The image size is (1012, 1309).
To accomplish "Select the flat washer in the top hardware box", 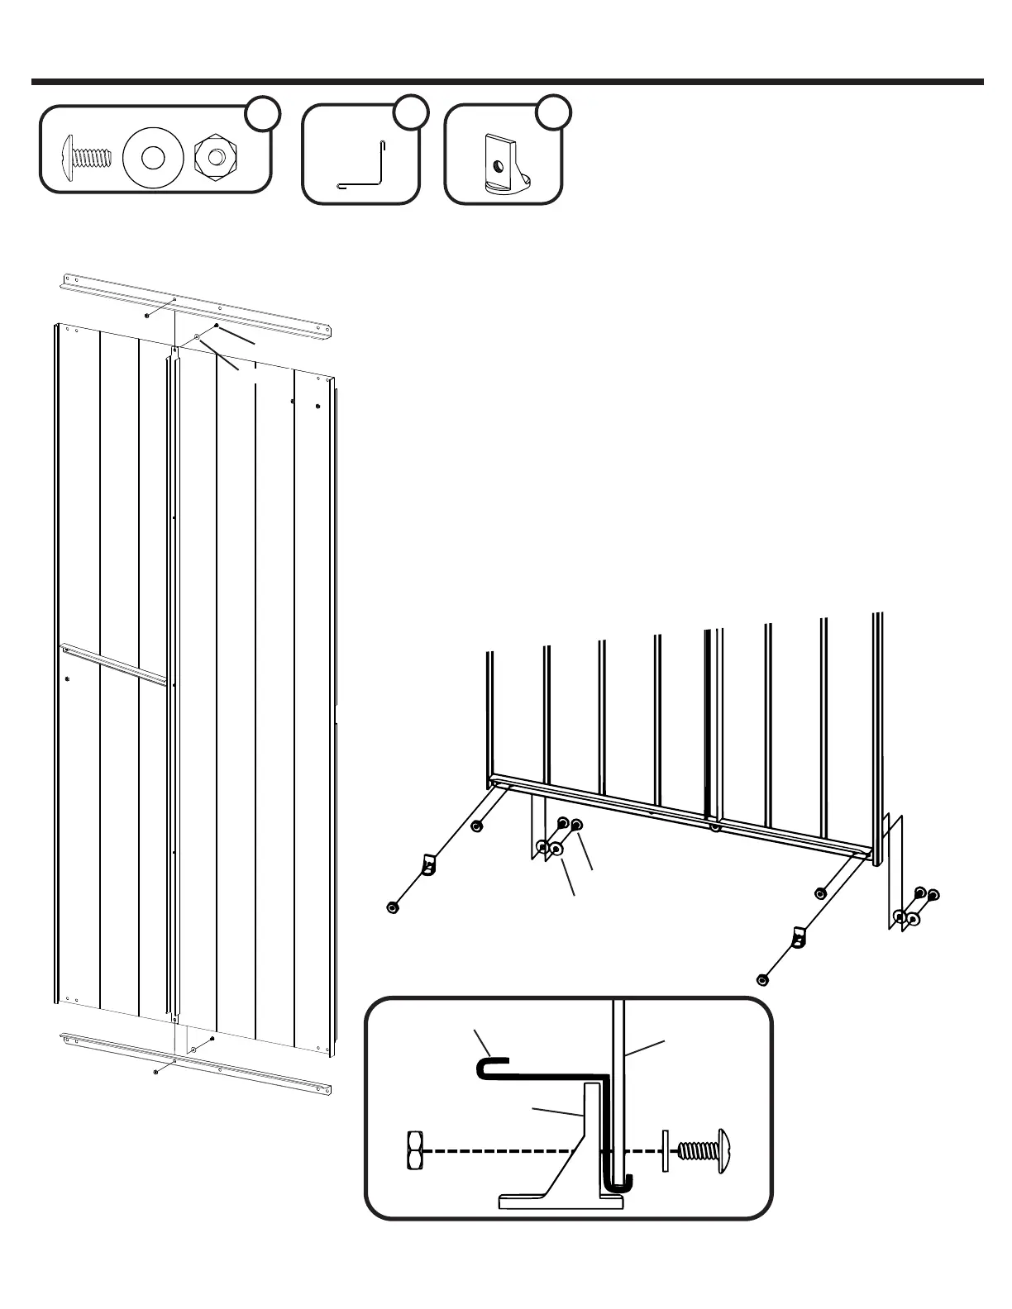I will [x=151, y=155].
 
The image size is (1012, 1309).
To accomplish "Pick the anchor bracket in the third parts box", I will [x=501, y=164].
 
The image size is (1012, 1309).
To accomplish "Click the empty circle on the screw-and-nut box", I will [x=263, y=113].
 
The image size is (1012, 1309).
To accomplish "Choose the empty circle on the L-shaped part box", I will [x=410, y=113].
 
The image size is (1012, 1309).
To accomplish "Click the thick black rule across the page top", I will [x=506, y=82].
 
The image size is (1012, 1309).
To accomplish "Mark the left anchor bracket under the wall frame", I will [x=428, y=864].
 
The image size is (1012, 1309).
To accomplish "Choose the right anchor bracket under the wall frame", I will [x=798, y=937].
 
